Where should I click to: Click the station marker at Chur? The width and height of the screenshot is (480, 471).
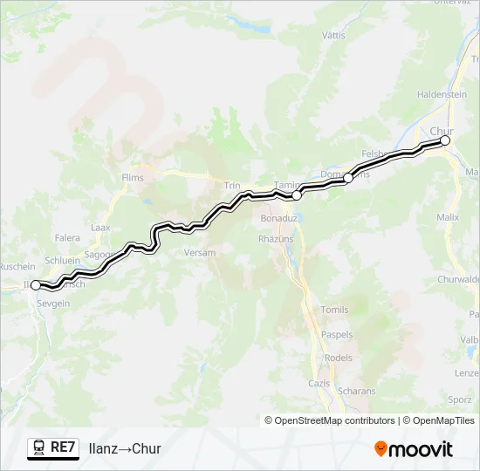pyautogui.click(x=445, y=140)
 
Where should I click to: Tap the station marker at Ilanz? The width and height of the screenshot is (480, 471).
pyautogui.click(x=36, y=284)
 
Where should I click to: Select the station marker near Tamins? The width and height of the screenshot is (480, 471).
pyautogui.click(x=297, y=195)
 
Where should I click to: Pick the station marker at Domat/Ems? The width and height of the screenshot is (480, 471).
pyautogui.click(x=347, y=178)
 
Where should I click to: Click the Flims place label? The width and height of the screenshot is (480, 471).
pyautogui.click(x=133, y=178)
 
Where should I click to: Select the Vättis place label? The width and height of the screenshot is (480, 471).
pyautogui.click(x=333, y=36)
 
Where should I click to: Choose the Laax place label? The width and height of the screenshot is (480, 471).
pyautogui.click(x=100, y=227)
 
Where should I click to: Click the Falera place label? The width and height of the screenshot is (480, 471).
pyautogui.click(x=67, y=237)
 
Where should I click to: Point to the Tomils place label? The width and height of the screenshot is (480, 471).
pyautogui.click(x=334, y=310)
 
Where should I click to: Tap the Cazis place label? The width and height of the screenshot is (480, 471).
pyautogui.click(x=319, y=383)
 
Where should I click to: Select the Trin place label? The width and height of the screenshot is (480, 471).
pyautogui.click(x=232, y=185)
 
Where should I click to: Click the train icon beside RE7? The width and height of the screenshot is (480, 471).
pyautogui.click(x=38, y=447)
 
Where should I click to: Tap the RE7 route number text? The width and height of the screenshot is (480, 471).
pyautogui.click(x=64, y=447)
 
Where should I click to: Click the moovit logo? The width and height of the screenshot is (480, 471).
pyautogui.click(x=414, y=449)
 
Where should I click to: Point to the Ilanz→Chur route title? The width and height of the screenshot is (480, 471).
pyautogui.click(x=125, y=448)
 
